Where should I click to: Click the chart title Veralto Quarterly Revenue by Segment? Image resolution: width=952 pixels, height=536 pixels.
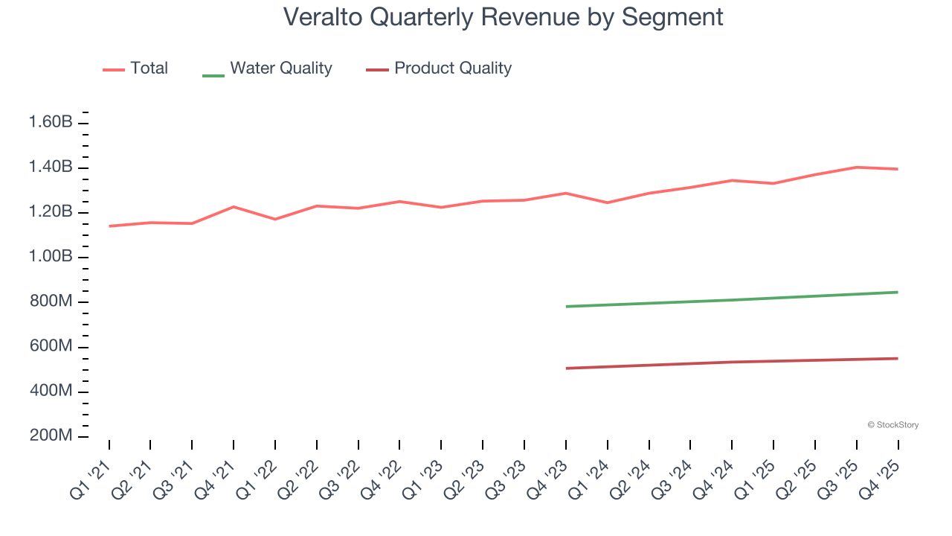[503, 16]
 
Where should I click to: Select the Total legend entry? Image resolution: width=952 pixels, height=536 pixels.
[135, 68]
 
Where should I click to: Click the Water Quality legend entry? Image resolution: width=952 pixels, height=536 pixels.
[268, 68]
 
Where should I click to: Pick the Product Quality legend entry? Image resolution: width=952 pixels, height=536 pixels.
[439, 68]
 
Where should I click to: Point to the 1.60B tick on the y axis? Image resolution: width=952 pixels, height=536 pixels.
[51, 122]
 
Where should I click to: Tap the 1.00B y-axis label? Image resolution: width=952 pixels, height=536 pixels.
[51, 257]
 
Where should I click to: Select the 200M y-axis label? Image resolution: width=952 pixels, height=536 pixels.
[51, 436]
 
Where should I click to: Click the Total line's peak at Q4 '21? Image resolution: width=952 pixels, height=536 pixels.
[234, 206]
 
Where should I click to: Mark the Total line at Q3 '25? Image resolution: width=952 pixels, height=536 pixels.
[857, 167]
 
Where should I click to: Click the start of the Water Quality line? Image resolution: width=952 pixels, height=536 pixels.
[566, 306]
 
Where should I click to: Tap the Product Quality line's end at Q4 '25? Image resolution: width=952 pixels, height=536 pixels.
[898, 358]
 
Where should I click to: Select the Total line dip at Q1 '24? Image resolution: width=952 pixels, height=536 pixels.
[608, 202]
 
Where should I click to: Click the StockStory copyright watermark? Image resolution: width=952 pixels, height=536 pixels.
[892, 425]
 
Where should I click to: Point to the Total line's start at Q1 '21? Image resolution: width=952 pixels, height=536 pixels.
[109, 226]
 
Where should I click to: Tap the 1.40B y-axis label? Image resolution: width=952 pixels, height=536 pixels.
[51, 167]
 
